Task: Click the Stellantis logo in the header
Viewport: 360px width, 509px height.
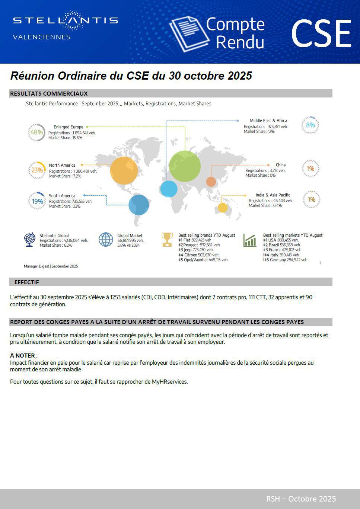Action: [66, 20]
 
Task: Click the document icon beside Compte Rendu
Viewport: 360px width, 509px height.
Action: [188, 33]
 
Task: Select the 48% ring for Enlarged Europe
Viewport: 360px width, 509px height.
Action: [36, 132]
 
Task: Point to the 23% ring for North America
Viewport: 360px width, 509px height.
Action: [37, 170]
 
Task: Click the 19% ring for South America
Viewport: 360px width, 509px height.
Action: [37, 201]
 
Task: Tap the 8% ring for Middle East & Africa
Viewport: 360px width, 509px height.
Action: [310, 125]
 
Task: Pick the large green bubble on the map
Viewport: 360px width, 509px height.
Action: [185, 166]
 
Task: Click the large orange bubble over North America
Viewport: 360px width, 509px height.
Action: [124, 170]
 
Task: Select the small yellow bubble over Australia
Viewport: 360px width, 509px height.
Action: [223, 208]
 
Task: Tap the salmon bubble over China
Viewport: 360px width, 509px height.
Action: [211, 182]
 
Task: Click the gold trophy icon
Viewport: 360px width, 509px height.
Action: [167, 239]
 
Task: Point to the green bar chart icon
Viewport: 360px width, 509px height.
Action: [250, 240]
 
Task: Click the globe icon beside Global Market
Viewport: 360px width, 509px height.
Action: [106, 240]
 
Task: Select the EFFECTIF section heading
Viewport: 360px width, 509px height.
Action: [26, 282]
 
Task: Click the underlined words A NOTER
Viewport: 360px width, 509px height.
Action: [22, 356]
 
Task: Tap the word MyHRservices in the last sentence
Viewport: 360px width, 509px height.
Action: [169, 382]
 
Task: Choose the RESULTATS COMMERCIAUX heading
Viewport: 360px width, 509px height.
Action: [49, 94]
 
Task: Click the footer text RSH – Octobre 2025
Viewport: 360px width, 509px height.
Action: [301, 499]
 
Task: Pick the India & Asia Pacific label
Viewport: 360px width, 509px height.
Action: [273, 195]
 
